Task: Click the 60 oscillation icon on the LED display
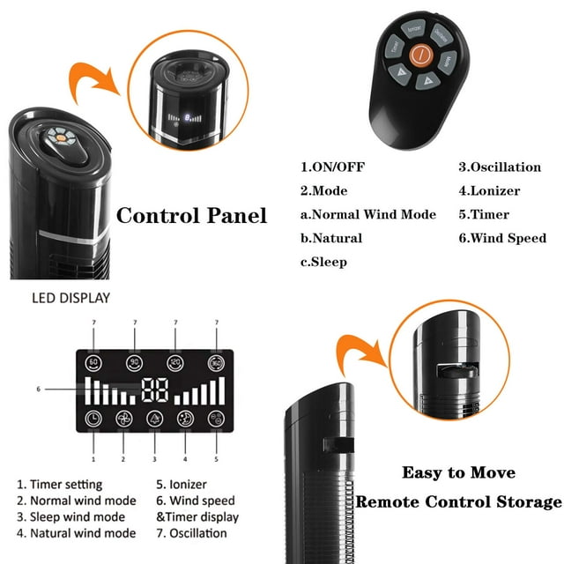[94, 361]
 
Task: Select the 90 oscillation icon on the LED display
[135, 361]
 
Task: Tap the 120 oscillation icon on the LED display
[175, 361]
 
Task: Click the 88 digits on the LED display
[155, 390]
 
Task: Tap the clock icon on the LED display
[94, 419]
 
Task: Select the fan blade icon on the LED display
[124, 419]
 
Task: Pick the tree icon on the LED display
[155, 419]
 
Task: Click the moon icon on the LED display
[186, 419]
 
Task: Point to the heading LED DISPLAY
[71, 298]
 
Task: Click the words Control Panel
[191, 215]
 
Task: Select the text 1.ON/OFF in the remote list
[331, 167]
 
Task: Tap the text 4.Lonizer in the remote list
[489, 190]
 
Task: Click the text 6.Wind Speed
[501, 238]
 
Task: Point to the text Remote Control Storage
[457, 502]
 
